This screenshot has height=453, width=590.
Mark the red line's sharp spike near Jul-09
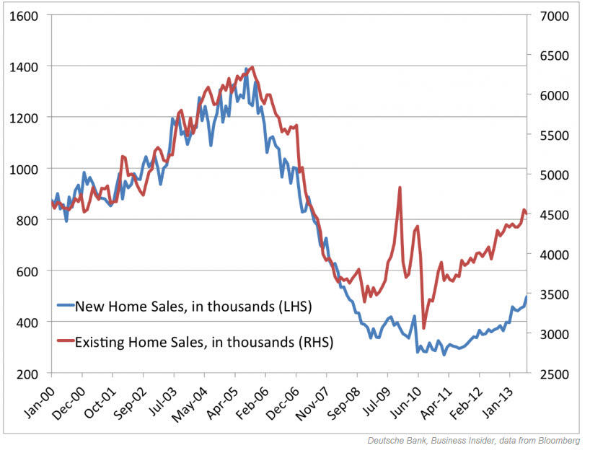[400, 188]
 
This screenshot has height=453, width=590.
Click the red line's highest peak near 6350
[252, 67]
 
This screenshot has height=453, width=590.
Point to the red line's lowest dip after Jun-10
[423, 328]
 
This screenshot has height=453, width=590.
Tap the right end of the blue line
[527, 296]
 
